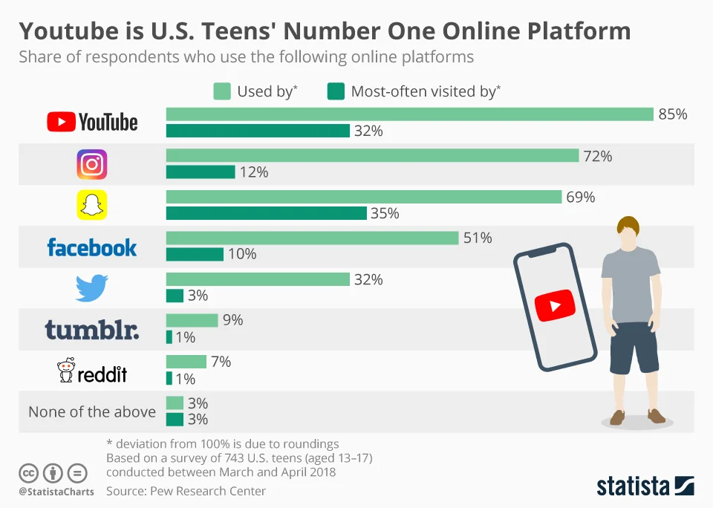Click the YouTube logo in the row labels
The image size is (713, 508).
tap(92, 122)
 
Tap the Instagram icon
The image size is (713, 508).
tap(92, 164)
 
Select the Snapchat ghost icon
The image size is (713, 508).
tap(92, 205)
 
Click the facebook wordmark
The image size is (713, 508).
tap(92, 247)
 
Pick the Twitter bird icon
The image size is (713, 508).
tap(92, 287)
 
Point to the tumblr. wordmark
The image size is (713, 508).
tap(92, 329)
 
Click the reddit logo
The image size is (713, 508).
tap(92, 371)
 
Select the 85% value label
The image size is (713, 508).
tap(672, 114)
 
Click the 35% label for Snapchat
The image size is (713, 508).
tap(384, 213)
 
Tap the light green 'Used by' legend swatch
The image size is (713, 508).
tap(222, 91)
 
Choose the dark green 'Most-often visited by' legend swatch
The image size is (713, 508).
tap(336, 91)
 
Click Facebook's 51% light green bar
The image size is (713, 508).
tap(312, 238)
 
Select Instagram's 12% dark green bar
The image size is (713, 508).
tap(201, 172)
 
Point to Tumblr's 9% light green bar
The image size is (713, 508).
tap(192, 320)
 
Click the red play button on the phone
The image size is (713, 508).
tap(555, 305)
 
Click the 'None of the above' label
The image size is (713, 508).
tap(92, 411)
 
